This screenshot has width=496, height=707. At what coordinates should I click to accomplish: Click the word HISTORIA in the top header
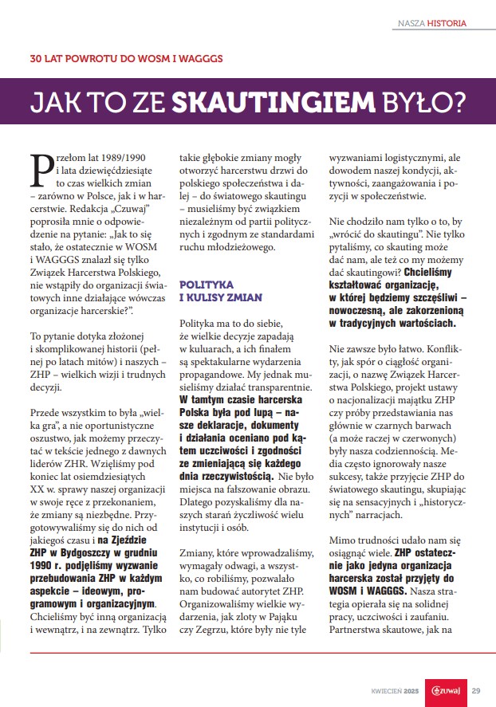(x=447, y=23)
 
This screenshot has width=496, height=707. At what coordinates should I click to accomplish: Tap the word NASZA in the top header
(x=411, y=23)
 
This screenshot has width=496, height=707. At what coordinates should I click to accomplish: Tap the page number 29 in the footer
(x=476, y=690)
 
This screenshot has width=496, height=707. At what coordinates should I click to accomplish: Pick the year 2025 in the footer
(x=411, y=690)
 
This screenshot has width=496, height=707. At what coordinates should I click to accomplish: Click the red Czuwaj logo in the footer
(x=443, y=690)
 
